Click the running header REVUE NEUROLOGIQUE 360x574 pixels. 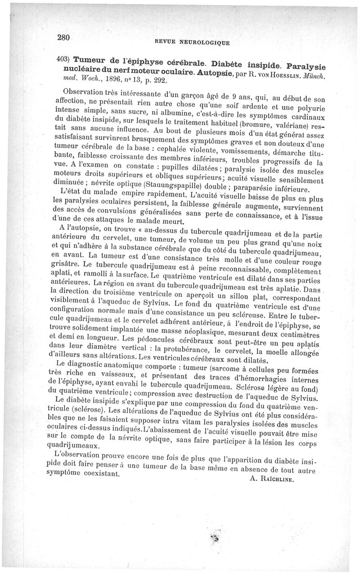[x=192, y=43]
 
